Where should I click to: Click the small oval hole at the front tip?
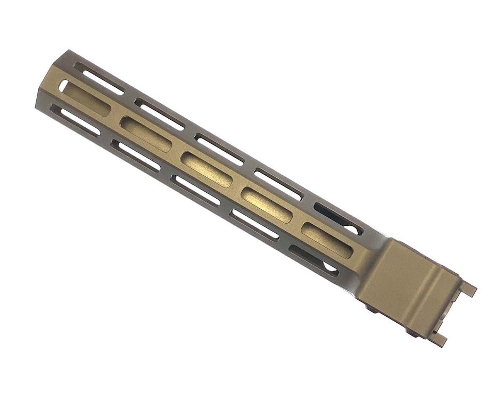pos(63,86)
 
